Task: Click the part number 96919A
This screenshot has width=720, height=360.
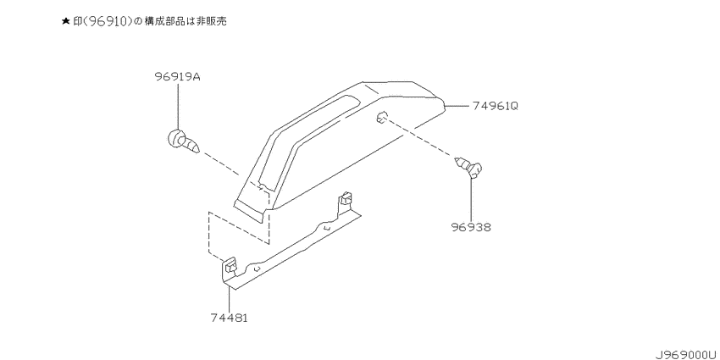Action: [x=177, y=77]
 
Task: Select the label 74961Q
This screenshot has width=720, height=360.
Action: [x=496, y=106]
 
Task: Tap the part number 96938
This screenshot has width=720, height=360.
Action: [x=471, y=227]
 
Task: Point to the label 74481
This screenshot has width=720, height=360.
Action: [x=229, y=318]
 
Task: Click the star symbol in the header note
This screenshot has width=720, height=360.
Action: [x=66, y=21]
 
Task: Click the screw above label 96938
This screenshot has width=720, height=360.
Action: [x=468, y=167]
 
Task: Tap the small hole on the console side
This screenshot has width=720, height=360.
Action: [x=380, y=118]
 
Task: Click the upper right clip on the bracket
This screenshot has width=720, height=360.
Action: [x=346, y=201]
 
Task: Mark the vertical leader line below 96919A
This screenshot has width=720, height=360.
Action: [x=177, y=107]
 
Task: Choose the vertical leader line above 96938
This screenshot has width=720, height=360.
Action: [x=471, y=198]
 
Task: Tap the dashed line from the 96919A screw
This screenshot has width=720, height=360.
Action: [x=220, y=164]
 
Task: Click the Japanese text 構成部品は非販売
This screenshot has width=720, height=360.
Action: [x=186, y=21]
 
